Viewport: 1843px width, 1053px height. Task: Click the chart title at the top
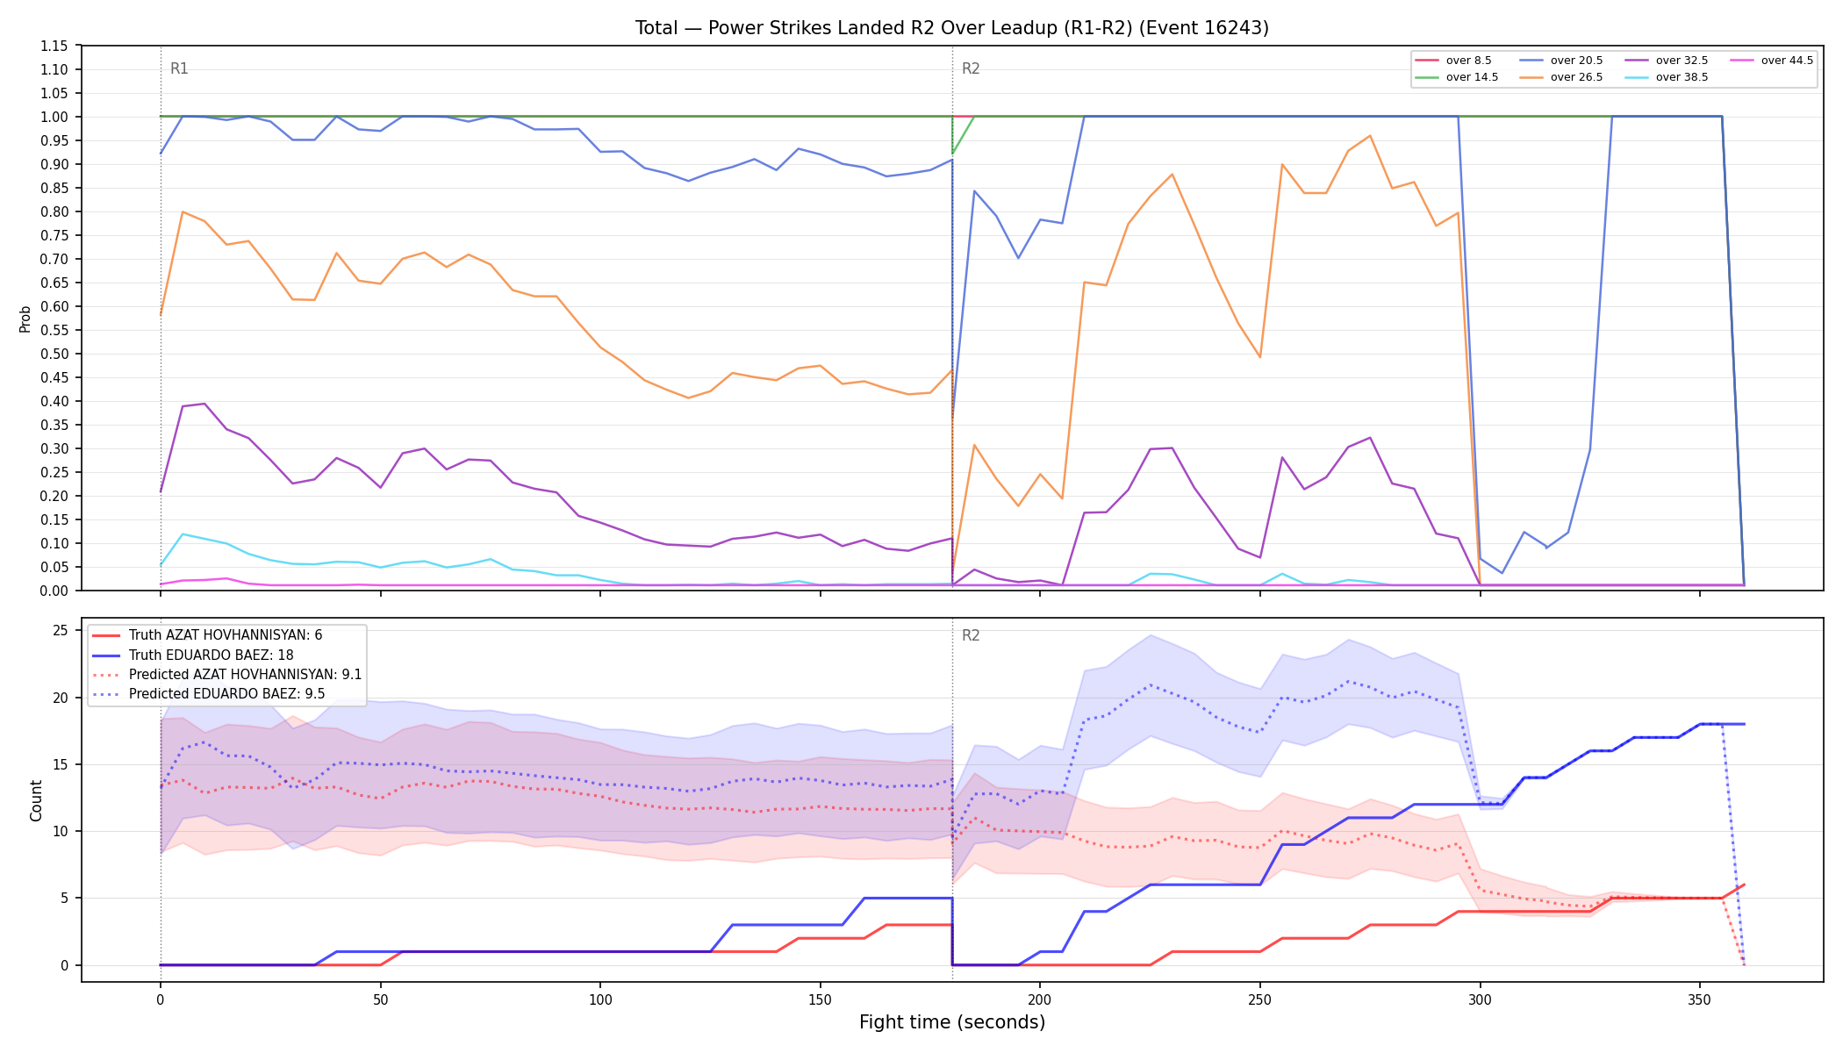(952, 28)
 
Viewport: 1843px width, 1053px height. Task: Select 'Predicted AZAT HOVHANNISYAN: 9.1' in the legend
(227, 675)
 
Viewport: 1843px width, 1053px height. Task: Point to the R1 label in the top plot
(179, 68)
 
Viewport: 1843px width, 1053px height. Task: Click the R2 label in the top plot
(971, 68)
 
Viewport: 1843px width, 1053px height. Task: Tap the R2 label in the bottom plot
(971, 635)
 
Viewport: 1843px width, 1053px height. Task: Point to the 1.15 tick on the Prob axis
(54, 46)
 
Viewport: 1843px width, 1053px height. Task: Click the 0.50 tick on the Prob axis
(54, 354)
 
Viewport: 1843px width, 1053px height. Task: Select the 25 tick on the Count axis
(61, 630)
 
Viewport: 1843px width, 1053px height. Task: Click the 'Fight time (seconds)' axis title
(952, 1022)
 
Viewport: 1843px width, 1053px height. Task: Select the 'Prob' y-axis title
(25, 319)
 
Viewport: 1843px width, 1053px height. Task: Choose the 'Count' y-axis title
(36, 800)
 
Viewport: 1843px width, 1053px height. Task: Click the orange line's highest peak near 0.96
(1370, 136)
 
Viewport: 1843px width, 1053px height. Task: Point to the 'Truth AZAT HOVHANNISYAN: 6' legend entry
(207, 635)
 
